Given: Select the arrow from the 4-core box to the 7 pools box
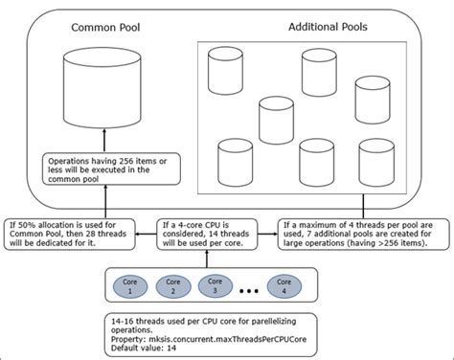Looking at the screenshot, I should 275,233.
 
